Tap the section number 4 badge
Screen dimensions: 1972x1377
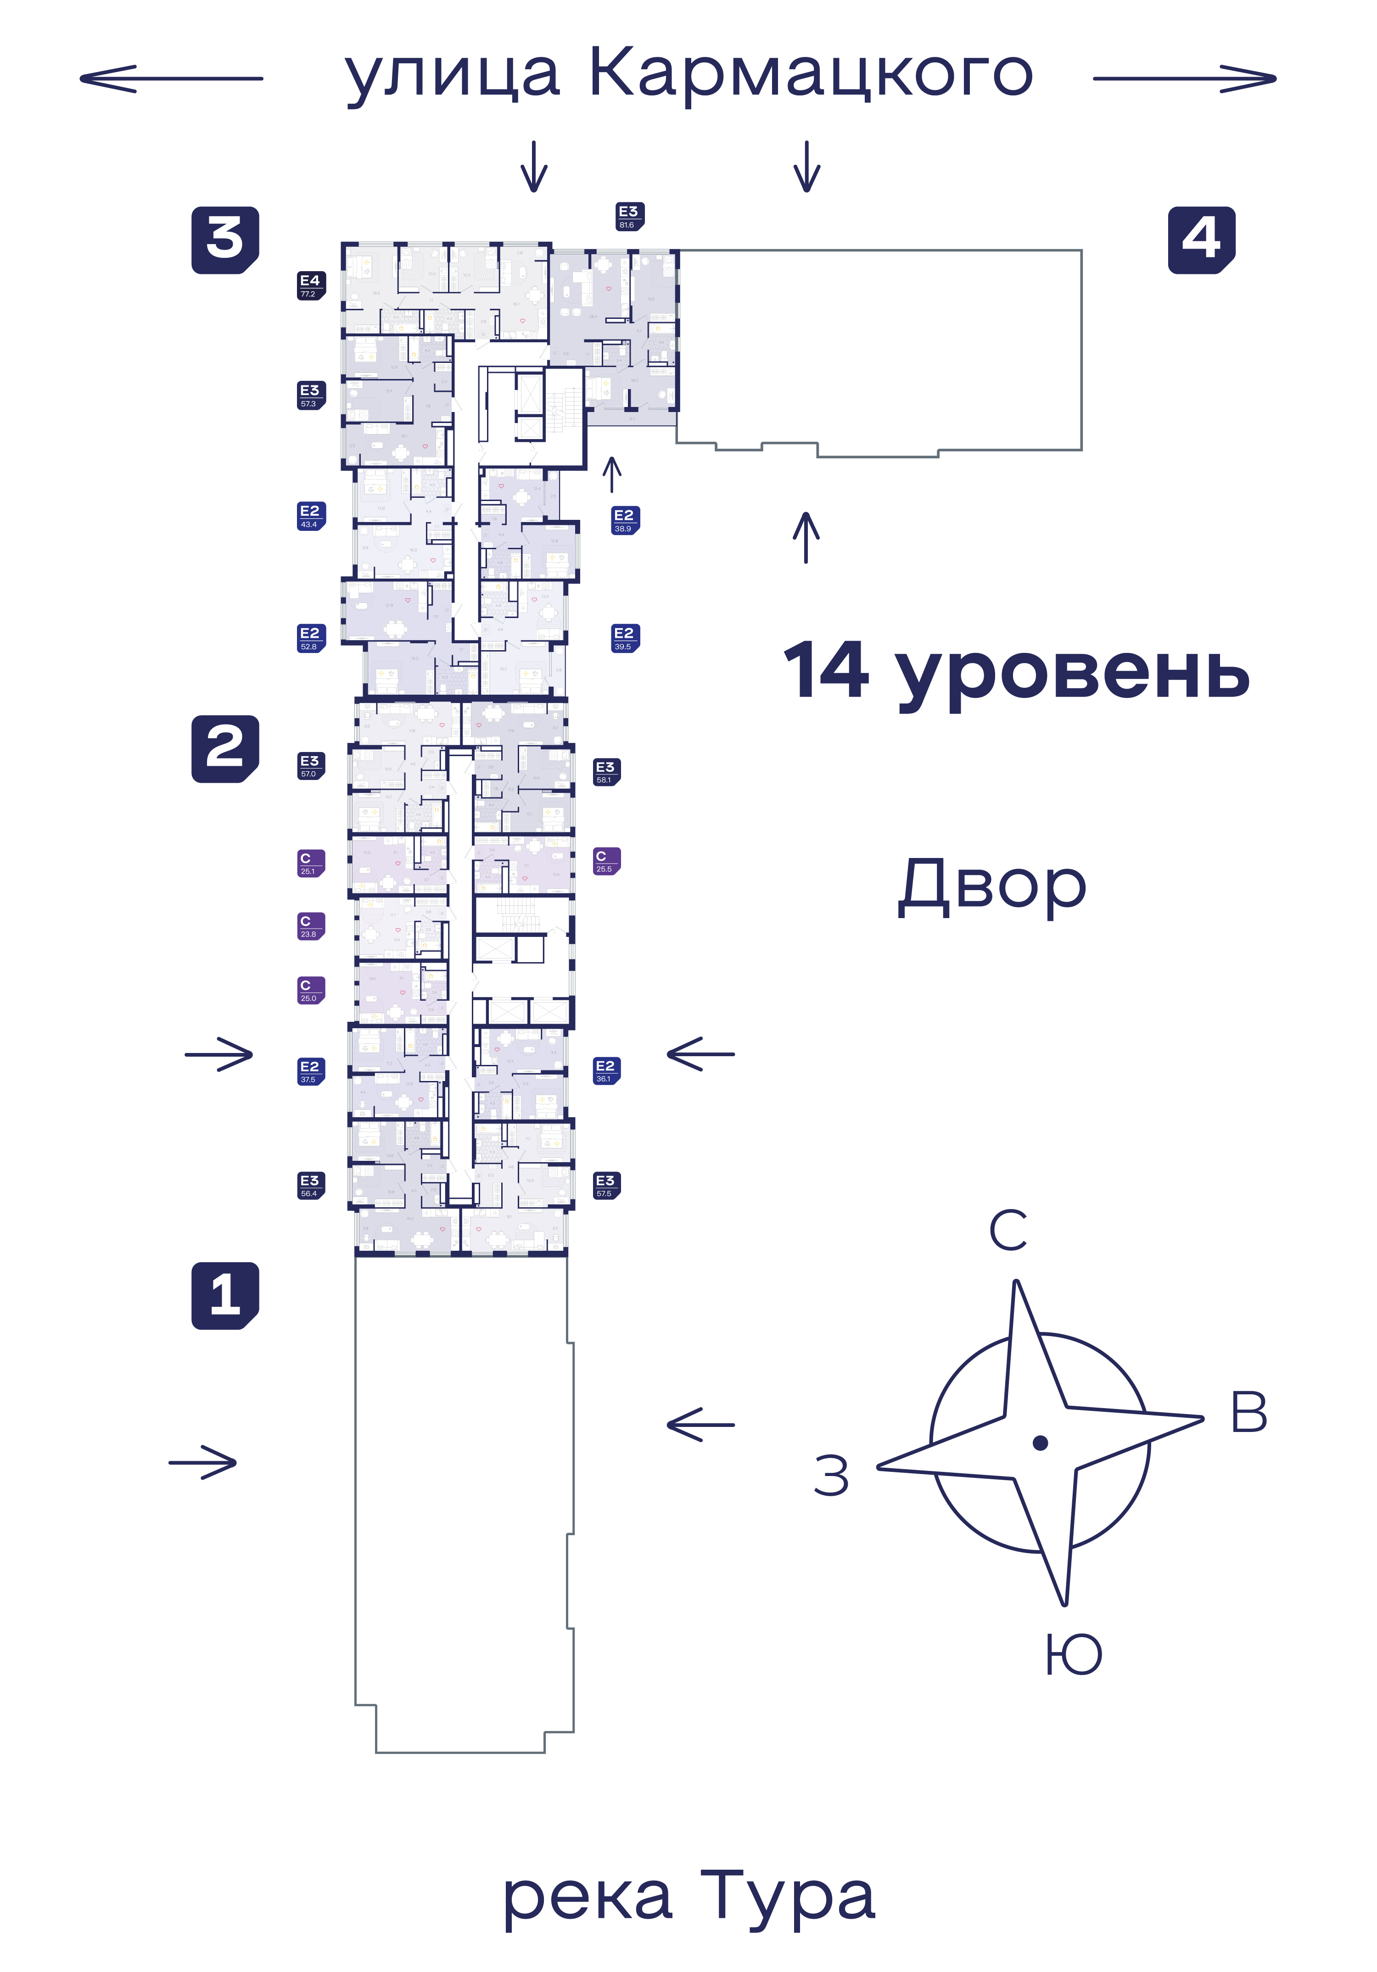coord(1201,240)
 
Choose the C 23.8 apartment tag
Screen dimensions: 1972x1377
coord(311,926)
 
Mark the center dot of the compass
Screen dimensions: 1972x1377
coord(1040,1443)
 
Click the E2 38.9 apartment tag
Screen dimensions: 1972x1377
coord(625,520)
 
